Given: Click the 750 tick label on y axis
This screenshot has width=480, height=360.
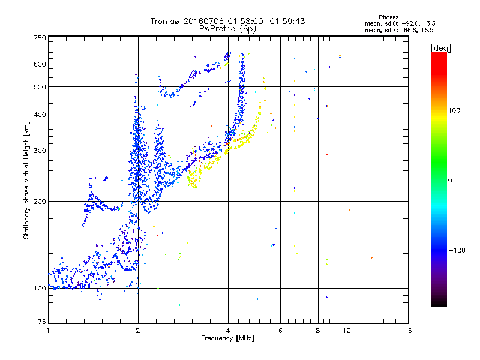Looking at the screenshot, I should [40, 38].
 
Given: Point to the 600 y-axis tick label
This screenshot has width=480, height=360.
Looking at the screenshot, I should [40, 64].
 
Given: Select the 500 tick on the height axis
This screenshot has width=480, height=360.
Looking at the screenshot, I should [40, 87].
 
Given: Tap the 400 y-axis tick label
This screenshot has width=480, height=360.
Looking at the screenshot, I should [40, 115].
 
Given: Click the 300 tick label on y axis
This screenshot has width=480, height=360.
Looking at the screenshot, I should [40, 151].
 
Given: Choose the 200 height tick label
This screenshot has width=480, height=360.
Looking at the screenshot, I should [40, 202].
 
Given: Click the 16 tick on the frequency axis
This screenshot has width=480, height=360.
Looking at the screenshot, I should [408, 331].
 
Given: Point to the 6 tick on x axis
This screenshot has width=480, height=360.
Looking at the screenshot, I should [281, 331].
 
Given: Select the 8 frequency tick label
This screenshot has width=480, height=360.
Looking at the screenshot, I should [318, 331].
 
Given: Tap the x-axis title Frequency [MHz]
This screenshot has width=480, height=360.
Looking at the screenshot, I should [227, 339].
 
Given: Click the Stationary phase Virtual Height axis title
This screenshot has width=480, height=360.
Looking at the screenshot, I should [27, 179].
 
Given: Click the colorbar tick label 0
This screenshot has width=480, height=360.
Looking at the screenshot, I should [449, 180].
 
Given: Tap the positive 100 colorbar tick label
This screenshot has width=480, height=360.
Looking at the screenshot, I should [454, 110].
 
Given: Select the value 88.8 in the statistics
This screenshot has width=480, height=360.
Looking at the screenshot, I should [409, 29].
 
